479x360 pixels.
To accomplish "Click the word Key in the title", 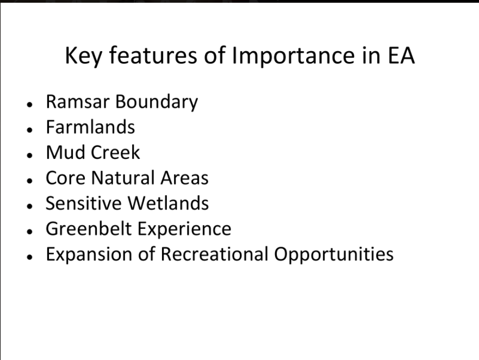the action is point(83,56).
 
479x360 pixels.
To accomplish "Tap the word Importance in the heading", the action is point(293,56).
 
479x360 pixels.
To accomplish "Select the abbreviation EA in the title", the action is point(401,55).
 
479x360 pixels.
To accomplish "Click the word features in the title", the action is point(153,55).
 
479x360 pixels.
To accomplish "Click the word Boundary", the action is point(157,102).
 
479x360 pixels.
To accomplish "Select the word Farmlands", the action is point(90,127).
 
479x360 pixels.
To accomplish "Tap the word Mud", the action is point(65,152).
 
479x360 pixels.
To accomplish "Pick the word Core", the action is point(65,178).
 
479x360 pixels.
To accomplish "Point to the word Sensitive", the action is point(84,203).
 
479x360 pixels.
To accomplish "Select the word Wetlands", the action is point(168,203).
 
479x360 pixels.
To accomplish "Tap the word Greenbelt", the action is point(89,228).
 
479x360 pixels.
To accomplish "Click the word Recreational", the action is point(214,254).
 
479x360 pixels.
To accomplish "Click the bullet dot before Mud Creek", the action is point(30,155).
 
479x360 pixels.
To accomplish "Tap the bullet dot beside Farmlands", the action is point(30,130).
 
